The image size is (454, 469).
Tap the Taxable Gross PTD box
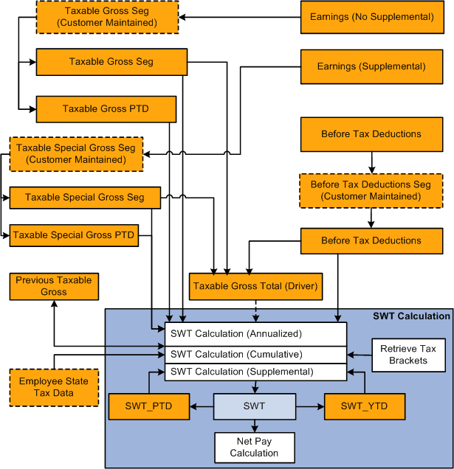tap(106, 109)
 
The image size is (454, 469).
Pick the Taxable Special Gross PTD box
tap(74, 236)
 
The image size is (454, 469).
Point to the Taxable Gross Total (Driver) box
tap(255, 286)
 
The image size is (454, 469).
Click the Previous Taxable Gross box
tap(54, 286)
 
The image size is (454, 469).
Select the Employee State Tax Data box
tap(53, 387)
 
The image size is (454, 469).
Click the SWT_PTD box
tap(150, 406)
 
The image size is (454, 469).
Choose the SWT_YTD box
tap(363, 406)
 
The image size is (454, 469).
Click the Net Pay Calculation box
tap(254, 447)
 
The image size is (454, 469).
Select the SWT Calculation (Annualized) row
tap(255, 334)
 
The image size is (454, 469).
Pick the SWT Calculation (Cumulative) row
tap(255, 353)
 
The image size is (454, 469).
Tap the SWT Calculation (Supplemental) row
tap(255, 372)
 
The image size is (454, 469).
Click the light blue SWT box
tap(254, 406)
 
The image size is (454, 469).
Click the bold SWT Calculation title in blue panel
tap(411, 316)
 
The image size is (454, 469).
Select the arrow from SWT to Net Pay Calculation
tap(255, 425)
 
